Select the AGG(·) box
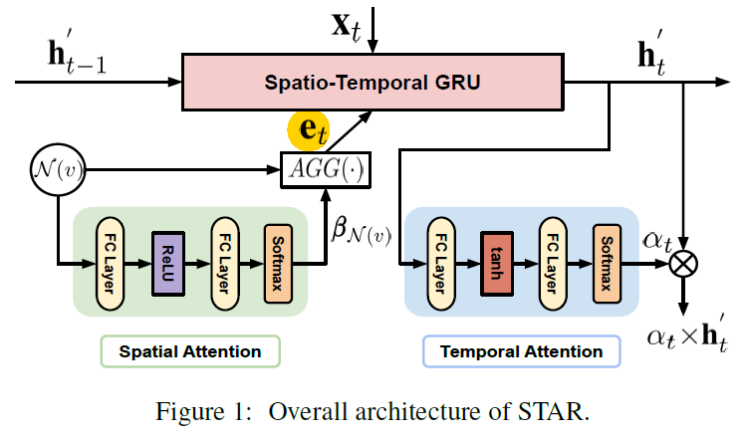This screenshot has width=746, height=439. point(326,171)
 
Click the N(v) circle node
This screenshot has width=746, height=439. point(45,170)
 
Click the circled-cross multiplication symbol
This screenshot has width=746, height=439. point(685,264)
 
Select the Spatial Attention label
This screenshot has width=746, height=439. point(190,351)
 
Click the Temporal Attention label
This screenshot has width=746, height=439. point(521,351)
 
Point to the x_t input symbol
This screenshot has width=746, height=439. point(349,22)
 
